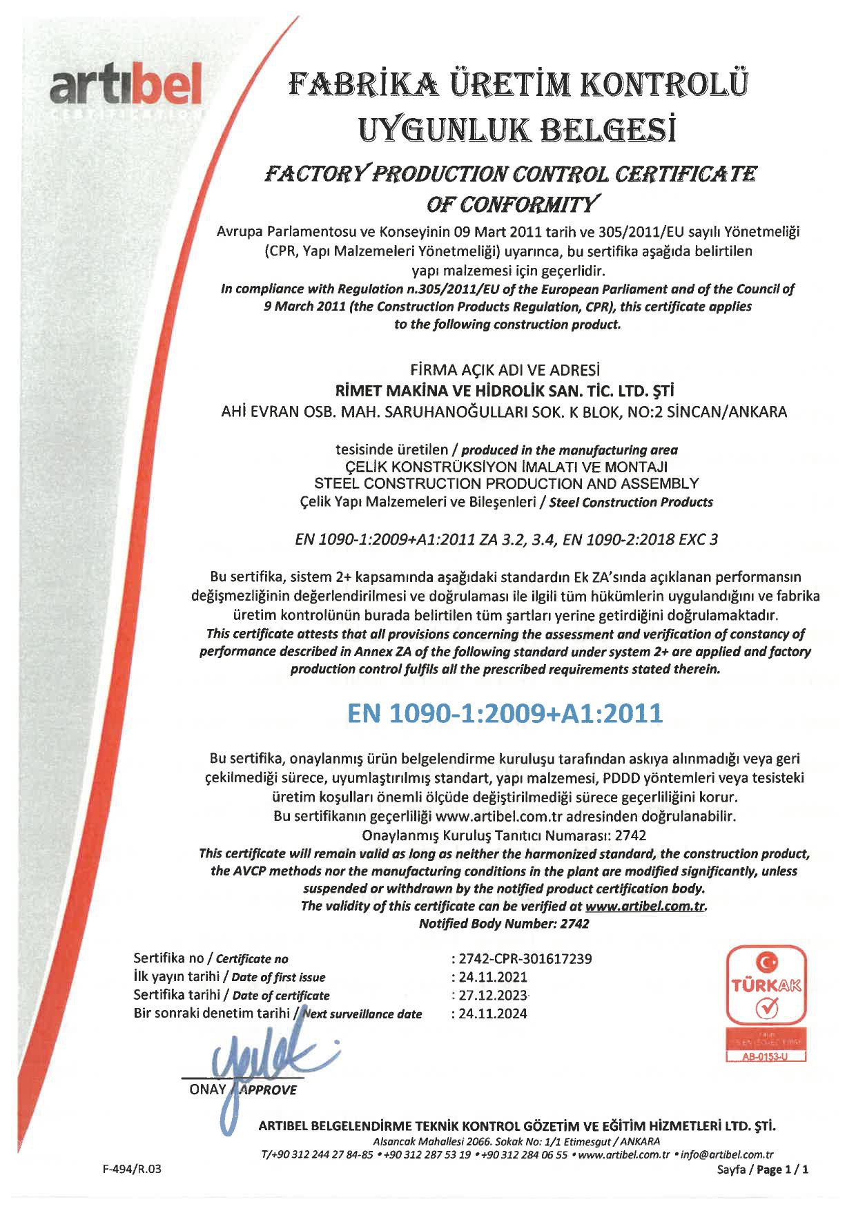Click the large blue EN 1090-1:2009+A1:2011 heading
coord(505,713)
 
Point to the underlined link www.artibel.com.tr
coord(645,906)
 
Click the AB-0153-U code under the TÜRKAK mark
coord(765,1057)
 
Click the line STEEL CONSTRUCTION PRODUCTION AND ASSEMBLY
coord(506,483)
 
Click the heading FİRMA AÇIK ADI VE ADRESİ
coord(505,370)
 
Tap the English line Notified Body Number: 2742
coord(504,924)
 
